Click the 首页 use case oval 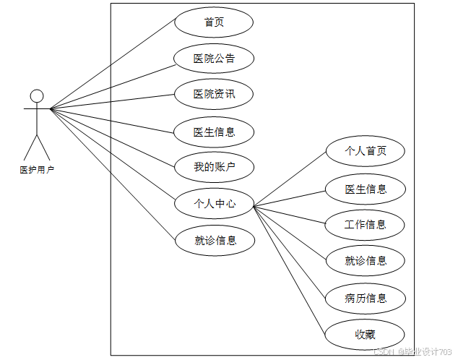[x=214, y=22]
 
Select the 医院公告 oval [x=214, y=58]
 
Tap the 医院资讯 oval [x=214, y=94]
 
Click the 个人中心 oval [x=215, y=204]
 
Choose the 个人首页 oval [x=365, y=151]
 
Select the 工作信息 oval [x=365, y=224]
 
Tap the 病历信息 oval [x=365, y=298]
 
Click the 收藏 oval [x=365, y=334]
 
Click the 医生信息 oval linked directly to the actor [x=214, y=132]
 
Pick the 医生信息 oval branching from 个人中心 [x=365, y=189]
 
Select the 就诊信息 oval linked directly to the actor [x=215, y=241]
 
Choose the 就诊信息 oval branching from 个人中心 [x=365, y=261]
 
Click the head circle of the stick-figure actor [x=37, y=95]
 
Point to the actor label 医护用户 [x=37, y=171]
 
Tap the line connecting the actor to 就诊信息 [x=112, y=173]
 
